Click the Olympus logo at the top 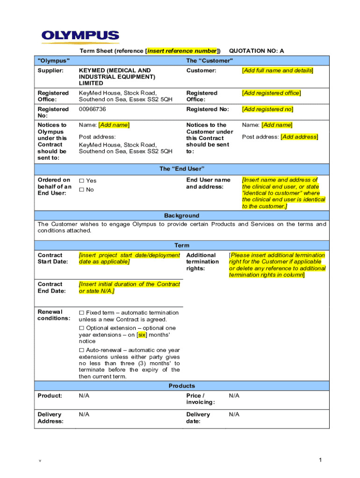[x=80, y=36]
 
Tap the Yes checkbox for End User [x=81, y=181]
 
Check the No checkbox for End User [x=81, y=190]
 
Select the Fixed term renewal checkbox [x=81, y=313]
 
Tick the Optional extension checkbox [x=81, y=328]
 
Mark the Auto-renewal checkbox [x=81, y=350]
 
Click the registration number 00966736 [x=92, y=109]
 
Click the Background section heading [x=181, y=216]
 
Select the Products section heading [x=181, y=386]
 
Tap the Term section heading [x=181, y=246]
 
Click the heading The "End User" [x=181, y=169]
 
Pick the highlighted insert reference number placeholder [x=182, y=51]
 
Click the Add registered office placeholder [x=271, y=93]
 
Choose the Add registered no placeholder [x=267, y=109]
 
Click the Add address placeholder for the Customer [x=299, y=137]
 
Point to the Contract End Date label [x=50, y=288]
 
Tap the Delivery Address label [x=50, y=418]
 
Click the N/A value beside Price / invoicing [x=234, y=396]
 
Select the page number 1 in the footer [x=321, y=461]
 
